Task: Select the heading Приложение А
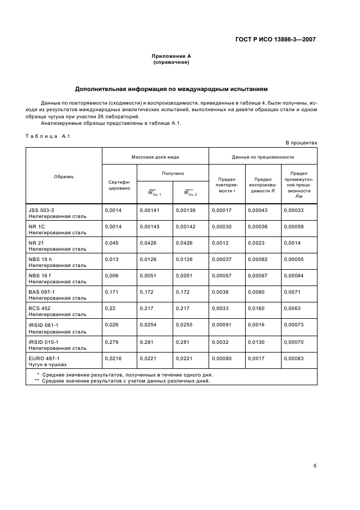(x=171, y=56)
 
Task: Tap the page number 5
(x=315, y=466)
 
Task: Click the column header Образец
(x=64, y=177)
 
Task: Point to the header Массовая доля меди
(x=155, y=157)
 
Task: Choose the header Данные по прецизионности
(x=263, y=157)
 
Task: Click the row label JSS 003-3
(x=41, y=209)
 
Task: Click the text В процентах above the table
(x=301, y=143)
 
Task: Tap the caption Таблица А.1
(x=46, y=136)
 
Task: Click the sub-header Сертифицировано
(x=119, y=184)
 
